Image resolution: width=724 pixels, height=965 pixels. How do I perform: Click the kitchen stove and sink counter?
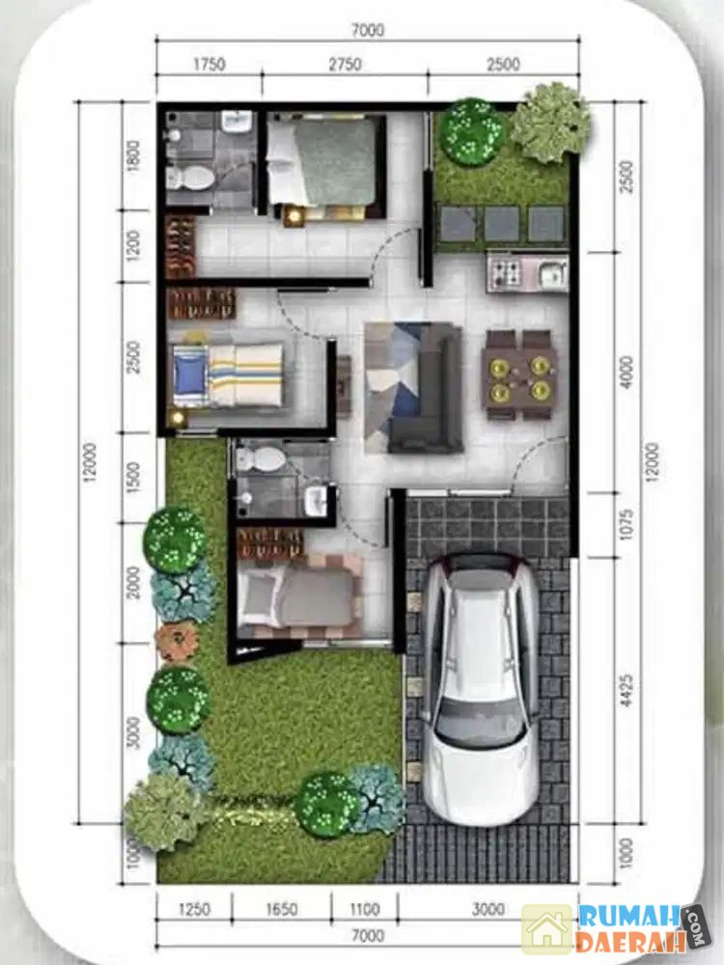[x=527, y=272]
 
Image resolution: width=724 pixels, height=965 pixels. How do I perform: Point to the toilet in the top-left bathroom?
[x=191, y=178]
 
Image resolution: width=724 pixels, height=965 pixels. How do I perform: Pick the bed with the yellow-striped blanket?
[x=229, y=376]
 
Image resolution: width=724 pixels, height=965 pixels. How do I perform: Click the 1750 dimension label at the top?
[x=209, y=64]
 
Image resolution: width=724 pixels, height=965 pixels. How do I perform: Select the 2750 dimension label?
[x=345, y=64]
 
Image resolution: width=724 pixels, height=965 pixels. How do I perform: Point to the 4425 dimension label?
[x=627, y=691]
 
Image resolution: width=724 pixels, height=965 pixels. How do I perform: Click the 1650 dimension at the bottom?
[x=281, y=909]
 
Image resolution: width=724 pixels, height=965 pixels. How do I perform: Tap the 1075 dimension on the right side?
[x=627, y=524]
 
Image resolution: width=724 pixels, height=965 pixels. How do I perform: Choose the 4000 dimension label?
[x=627, y=372]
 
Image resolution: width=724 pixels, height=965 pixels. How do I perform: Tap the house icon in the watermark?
[x=546, y=929]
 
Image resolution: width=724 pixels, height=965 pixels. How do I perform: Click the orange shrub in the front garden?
[x=178, y=643]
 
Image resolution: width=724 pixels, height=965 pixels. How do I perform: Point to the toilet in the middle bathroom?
[x=261, y=457]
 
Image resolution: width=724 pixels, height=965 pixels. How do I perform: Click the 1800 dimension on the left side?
[x=133, y=157]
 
